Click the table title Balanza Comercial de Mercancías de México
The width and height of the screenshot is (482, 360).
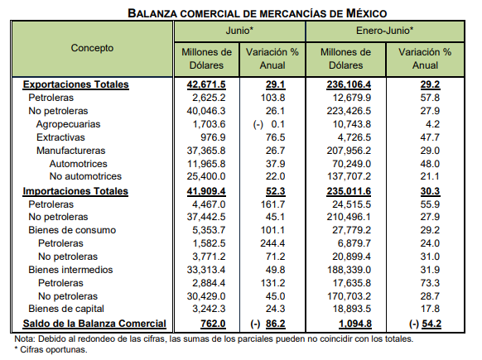click(x=258, y=13)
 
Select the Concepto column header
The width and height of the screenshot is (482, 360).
click(x=92, y=48)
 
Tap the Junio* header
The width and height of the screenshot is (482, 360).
click(x=239, y=31)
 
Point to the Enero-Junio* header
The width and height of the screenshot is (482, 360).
click(x=385, y=31)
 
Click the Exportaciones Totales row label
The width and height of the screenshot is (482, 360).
click(x=75, y=84)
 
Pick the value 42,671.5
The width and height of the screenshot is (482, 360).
click(x=206, y=84)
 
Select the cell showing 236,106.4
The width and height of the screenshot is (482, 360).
click(x=349, y=84)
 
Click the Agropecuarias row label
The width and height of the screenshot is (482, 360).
click(x=68, y=124)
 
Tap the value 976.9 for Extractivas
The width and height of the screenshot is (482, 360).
click(x=213, y=137)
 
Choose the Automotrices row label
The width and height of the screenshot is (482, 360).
click(x=79, y=164)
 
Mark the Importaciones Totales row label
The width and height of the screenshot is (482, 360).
click(x=75, y=191)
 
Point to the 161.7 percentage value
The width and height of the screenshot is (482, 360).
click(x=272, y=204)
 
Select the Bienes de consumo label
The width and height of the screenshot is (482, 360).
click(x=72, y=230)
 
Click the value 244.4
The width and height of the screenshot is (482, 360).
click(x=272, y=243)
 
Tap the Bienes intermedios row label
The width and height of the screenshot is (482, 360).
click(x=70, y=270)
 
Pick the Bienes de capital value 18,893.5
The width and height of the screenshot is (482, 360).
click(x=352, y=309)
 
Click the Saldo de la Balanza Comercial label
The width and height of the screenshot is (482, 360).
click(x=94, y=324)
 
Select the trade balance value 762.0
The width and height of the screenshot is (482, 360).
click(x=213, y=324)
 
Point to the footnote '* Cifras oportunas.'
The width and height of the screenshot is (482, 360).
click(x=51, y=349)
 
